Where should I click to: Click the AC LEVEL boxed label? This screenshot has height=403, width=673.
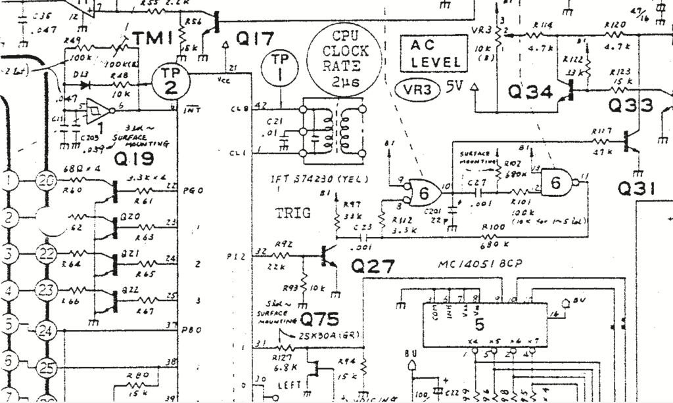pos(435,54)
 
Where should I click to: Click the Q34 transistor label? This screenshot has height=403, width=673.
pos(530,93)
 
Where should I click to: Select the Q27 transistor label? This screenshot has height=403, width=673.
pos(373,266)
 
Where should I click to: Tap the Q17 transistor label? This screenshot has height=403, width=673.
pos(255,39)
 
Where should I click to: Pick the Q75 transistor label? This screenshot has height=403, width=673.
pos(320,320)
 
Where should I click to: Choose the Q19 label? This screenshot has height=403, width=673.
pos(133,159)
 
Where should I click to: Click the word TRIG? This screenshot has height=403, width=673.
pos(292,213)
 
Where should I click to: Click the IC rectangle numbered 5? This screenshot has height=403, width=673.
pos(479,325)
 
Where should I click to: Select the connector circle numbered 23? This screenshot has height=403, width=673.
pos(45,289)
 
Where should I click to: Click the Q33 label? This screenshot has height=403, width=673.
pos(631,105)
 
